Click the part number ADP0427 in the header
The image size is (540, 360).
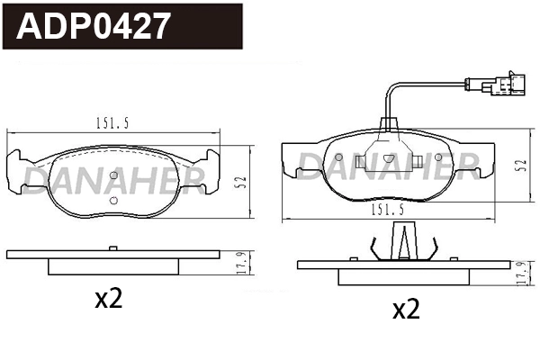tap(94, 26)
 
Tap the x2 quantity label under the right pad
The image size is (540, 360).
tap(405, 310)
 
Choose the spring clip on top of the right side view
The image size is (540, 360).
tap(402, 242)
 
